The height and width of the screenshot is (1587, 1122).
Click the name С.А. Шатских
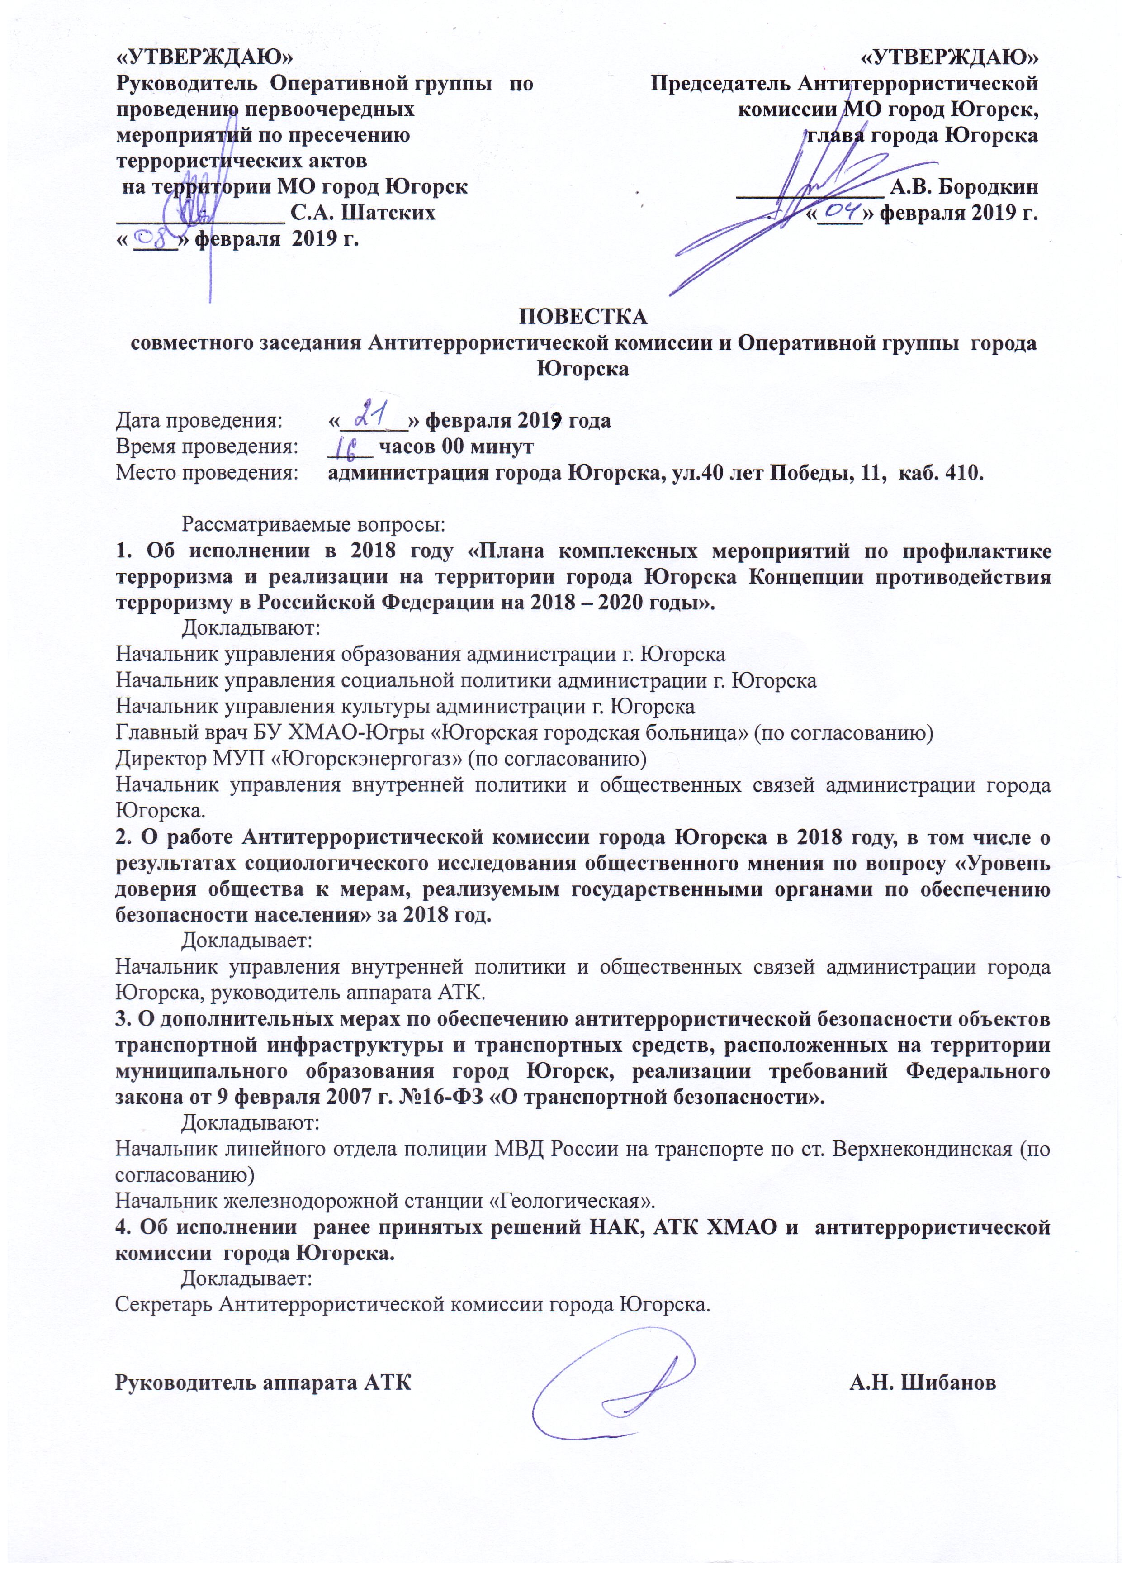[363, 212]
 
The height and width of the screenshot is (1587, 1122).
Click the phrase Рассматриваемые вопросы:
[313, 525]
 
